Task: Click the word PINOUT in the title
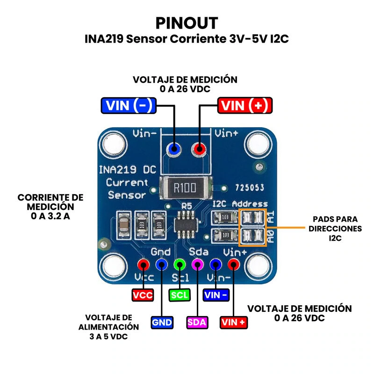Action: pos(187,23)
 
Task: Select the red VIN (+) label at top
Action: pos(245,106)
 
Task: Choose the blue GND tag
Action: pos(162,322)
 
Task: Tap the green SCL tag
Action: pos(180,295)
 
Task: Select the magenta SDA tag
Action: pos(197,322)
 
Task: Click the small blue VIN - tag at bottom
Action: pos(216,295)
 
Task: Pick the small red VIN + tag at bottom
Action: pos(234,322)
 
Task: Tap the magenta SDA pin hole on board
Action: pos(197,265)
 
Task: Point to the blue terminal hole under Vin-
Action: pos(175,150)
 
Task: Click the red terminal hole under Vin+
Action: pos(200,150)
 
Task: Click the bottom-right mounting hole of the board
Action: pos(259,266)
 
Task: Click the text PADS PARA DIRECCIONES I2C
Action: pos(336,229)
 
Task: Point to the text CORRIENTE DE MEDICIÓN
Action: pos(50,202)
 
